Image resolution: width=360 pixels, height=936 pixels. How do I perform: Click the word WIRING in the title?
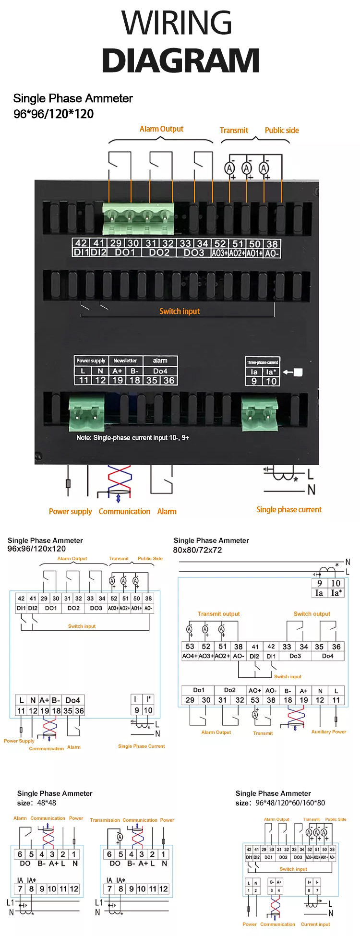[177, 23]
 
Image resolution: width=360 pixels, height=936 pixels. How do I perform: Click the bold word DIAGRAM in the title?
[180, 61]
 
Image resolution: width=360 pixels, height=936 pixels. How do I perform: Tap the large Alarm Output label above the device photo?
[161, 129]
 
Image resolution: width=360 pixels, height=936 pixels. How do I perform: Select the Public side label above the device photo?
[282, 130]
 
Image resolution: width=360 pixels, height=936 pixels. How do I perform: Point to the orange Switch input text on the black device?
[180, 312]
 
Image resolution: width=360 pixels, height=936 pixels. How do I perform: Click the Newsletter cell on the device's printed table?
[125, 360]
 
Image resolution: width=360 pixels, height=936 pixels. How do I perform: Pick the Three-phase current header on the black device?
[262, 362]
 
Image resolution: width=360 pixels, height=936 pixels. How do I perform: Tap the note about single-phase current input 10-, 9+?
[132, 438]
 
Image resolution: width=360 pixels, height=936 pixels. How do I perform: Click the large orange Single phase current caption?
[289, 510]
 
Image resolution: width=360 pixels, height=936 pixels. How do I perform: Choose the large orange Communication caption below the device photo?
[124, 512]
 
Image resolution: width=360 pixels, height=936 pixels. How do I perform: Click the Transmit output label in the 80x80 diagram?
[218, 614]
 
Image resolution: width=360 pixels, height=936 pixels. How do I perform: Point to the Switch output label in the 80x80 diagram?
[312, 614]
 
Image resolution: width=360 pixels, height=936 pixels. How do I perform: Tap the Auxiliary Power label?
[329, 732]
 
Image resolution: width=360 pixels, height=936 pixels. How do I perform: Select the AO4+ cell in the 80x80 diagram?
[190, 656]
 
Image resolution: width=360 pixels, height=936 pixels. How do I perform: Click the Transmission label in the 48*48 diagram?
[105, 820]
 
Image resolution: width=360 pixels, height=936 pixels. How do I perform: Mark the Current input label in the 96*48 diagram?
[315, 924]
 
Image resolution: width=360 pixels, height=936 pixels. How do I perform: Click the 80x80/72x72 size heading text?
[197, 550]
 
